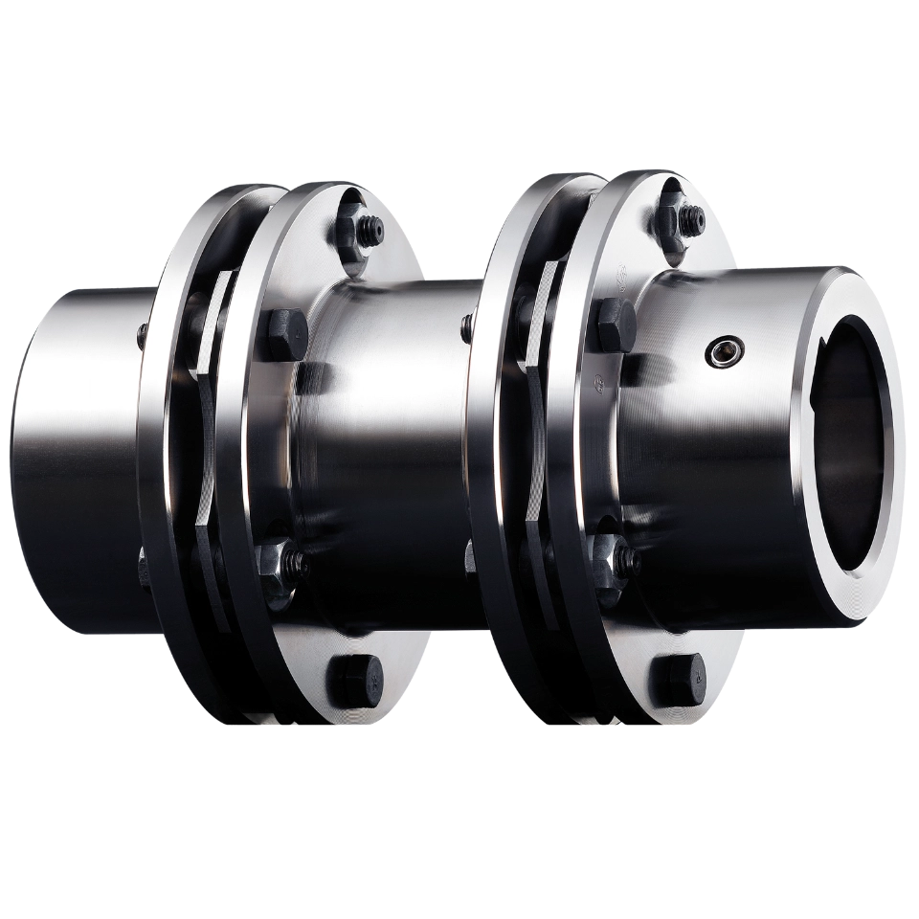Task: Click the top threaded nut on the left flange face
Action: pyautogui.click(x=364, y=228)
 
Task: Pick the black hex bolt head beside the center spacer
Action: pyautogui.click(x=288, y=329)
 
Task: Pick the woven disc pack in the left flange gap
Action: pyautogui.click(x=218, y=402)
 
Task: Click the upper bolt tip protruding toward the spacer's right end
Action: pyautogui.click(x=465, y=325)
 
